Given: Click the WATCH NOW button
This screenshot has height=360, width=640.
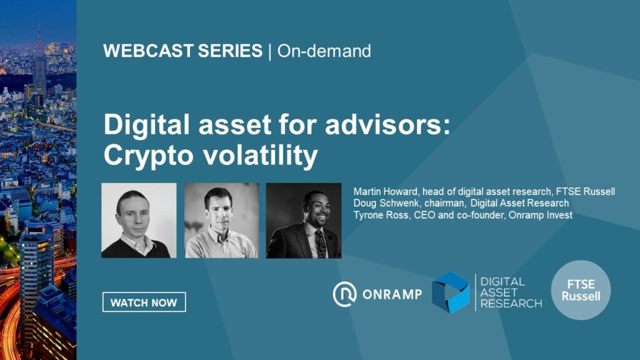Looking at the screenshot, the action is tap(144, 302).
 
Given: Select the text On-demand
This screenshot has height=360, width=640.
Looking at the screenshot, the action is tap(324, 51).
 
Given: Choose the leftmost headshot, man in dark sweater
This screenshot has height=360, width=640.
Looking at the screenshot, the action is tap(139, 221).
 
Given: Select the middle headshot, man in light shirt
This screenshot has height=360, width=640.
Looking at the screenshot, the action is tap(222, 221).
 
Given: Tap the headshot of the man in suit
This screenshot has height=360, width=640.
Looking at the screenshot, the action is tap(304, 221).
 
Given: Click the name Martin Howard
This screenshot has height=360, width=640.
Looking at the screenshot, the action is tap(386, 191).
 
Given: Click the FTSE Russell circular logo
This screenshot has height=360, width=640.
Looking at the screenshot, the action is tap(581, 290).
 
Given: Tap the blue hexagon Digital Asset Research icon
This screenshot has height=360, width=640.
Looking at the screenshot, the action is tap(451, 292).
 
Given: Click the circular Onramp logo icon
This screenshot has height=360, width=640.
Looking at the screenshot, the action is tap(344, 294).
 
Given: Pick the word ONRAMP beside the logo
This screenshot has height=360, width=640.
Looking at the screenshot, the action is tap(392, 294).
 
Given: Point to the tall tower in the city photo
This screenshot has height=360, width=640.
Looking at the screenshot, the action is tap(39, 61).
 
